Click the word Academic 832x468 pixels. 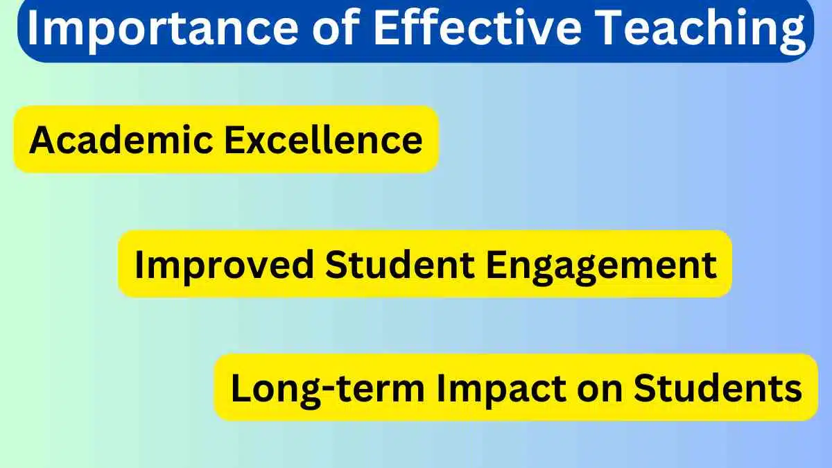click(121, 139)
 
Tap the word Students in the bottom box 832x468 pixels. click(721, 389)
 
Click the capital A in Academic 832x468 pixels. click(41, 139)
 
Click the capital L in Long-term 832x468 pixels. click(240, 389)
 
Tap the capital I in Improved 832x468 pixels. click(139, 264)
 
